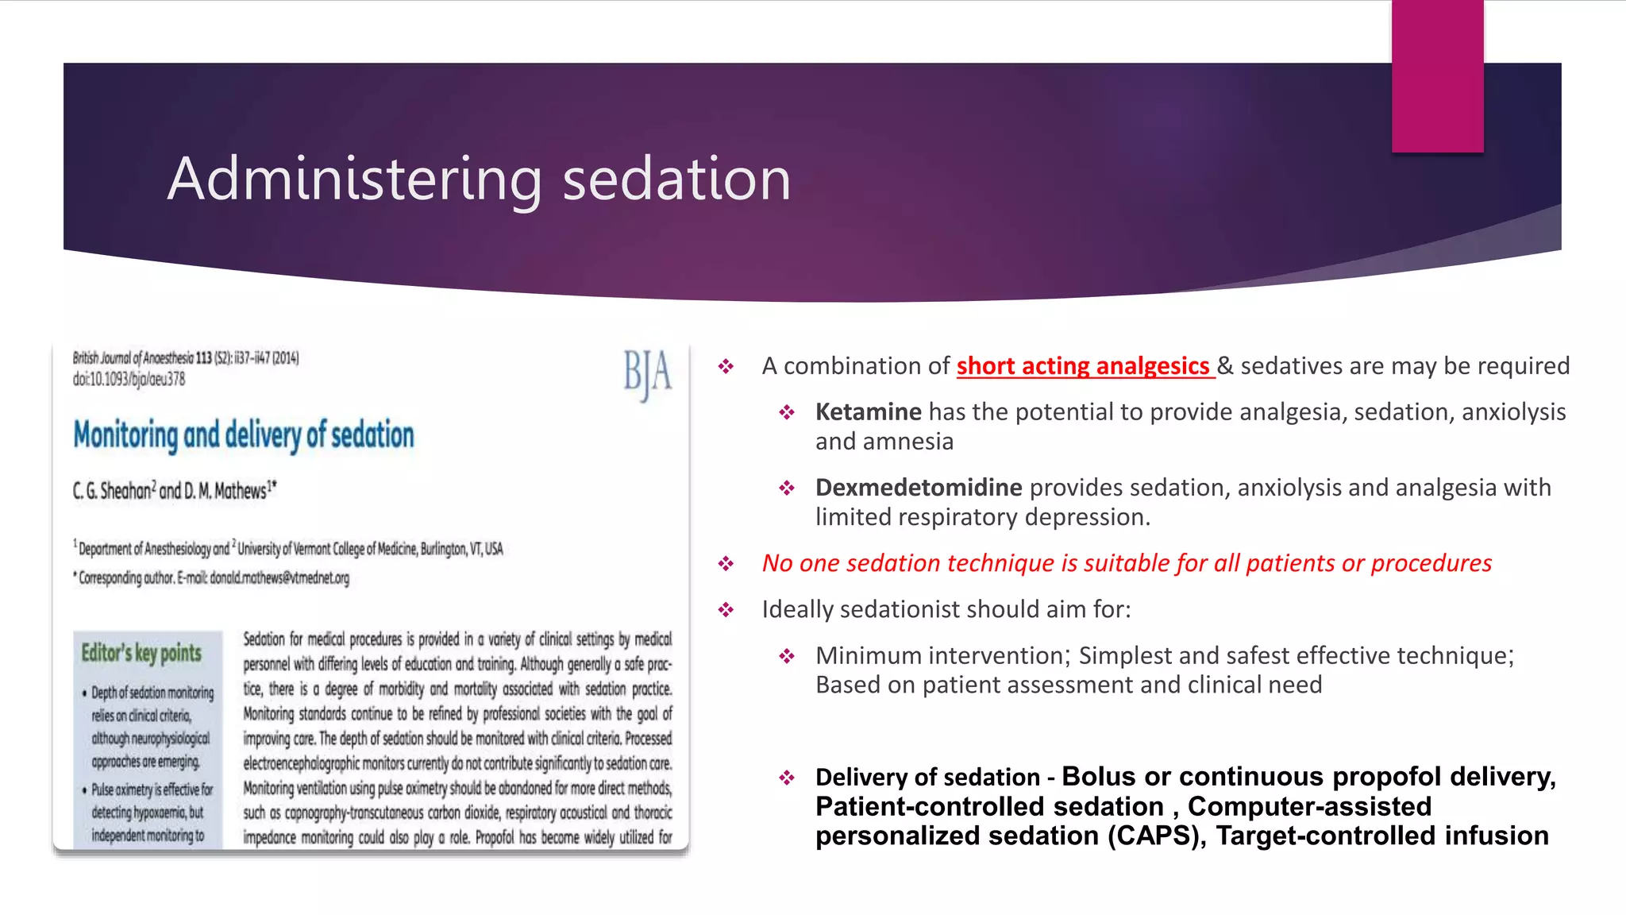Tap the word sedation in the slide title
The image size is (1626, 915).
pyautogui.click(x=676, y=180)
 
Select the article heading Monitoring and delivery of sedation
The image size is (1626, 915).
pyautogui.click(x=244, y=435)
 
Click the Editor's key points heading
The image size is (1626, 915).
pyautogui.click(x=141, y=653)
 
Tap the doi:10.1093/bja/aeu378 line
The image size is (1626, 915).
pyautogui.click(x=129, y=380)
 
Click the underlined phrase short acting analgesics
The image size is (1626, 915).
pyautogui.click(x=1084, y=366)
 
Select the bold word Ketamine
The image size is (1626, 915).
pyautogui.click(x=868, y=412)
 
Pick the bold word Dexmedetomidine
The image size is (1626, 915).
pyautogui.click(x=919, y=488)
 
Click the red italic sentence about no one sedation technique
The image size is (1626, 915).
pyautogui.click(x=1127, y=563)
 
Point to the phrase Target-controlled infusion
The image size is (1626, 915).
pyautogui.click(x=1381, y=836)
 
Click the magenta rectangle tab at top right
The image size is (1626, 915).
pyautogui.click(x=1437, y=75)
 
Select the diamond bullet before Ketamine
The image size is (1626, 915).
pyautogui.click(x=787, y=412)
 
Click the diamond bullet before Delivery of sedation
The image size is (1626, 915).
pyautogui.click(x=787, y=777)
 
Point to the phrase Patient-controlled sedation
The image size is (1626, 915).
pyautogui.click(x=989, y=807)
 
